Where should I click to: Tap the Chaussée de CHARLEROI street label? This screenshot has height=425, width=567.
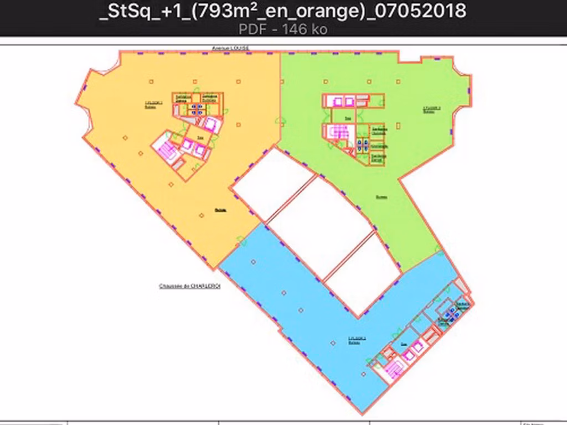[190, 286]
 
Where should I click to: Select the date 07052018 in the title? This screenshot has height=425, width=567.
[420, 11]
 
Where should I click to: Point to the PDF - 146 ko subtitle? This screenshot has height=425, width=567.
[283, 29]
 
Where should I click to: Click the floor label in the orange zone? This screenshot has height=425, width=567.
[152, 104]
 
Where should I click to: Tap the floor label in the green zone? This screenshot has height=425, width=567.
[432, 109]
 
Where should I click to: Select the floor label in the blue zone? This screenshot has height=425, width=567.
[354, 340]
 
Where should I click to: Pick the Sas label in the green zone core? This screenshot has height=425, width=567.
[348, 118]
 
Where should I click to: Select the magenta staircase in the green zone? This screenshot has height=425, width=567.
[337, 132]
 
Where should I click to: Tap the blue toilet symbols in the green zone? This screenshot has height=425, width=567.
[363, 145]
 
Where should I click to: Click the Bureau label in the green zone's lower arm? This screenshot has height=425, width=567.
[382, 196]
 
